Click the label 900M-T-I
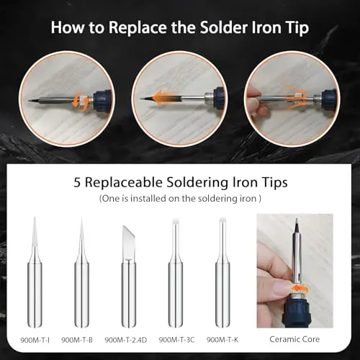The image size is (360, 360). [x=35, y=340]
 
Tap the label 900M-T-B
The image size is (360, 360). [x=77, y=340]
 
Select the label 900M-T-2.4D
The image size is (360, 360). [x=126, y=340]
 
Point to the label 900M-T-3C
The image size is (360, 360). [x=176, y=340]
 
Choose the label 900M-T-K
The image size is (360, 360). [x=222, y=340]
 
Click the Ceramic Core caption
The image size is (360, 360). [x=294, y=339]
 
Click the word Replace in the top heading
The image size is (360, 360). [x=138, y=28]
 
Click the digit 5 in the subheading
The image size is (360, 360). [x=77, y=183]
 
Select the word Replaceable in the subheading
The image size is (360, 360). [x=124, y=183]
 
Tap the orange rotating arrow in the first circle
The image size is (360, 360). [x=78, y=100]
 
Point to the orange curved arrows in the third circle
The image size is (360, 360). [x=296, y=99]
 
